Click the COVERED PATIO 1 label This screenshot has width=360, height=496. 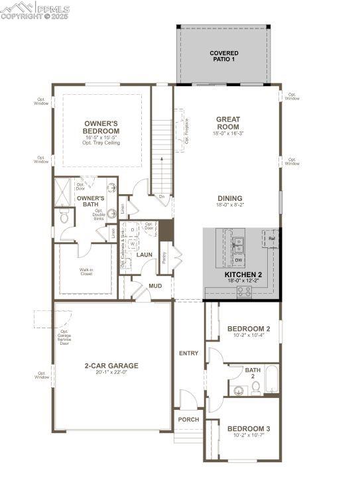[x=223, y=56]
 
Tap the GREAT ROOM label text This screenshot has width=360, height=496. [x=228, y=123]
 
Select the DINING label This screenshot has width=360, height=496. [x=229, y=198]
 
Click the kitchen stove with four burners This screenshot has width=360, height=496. [x=244, y=290]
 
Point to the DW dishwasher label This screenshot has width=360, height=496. [x=238, y=260]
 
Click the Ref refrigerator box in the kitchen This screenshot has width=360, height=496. [x=272, y=237]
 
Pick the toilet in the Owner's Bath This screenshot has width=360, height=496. [x=65, y=216]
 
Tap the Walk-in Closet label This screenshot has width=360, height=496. [x=86, y=272]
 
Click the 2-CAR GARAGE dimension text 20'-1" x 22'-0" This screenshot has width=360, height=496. [x=111, y=373]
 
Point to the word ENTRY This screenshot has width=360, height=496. [x=188, y=353]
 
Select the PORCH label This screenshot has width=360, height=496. [x=188, y=420]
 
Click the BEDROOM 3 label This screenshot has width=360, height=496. [x=249, y=429]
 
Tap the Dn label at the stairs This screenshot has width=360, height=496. [x=161, y=196]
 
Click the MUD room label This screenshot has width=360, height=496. [x=155, y=286]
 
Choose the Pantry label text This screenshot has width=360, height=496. [x=164, y=257]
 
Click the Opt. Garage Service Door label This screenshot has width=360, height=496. [x=64, y=338]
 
